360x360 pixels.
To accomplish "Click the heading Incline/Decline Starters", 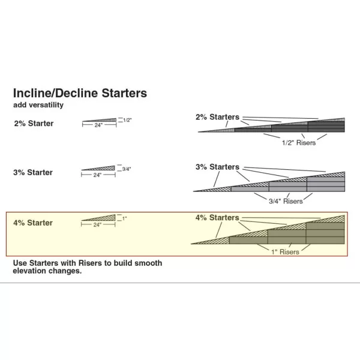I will click(80, 94).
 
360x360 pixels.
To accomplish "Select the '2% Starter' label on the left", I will click(33, 124).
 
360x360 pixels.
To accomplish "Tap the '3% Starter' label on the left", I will click(33, 173).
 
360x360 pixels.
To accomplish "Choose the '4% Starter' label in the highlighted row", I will click(33, 223).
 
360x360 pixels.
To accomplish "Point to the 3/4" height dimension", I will click(126, 169).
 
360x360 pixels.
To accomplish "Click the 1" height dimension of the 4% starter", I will click(124, 218).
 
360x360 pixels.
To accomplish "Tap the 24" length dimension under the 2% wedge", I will click(97, 126).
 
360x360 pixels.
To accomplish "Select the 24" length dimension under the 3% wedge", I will click(97, 175).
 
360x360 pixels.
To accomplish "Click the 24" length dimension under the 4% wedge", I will click(97, 224).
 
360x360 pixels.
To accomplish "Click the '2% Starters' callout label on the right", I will click(217, 117).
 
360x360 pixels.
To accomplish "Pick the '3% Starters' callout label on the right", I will click(217, 167).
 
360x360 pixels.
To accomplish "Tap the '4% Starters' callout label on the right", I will click(217, 217).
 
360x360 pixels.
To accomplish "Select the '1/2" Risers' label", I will click(298, 143).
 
